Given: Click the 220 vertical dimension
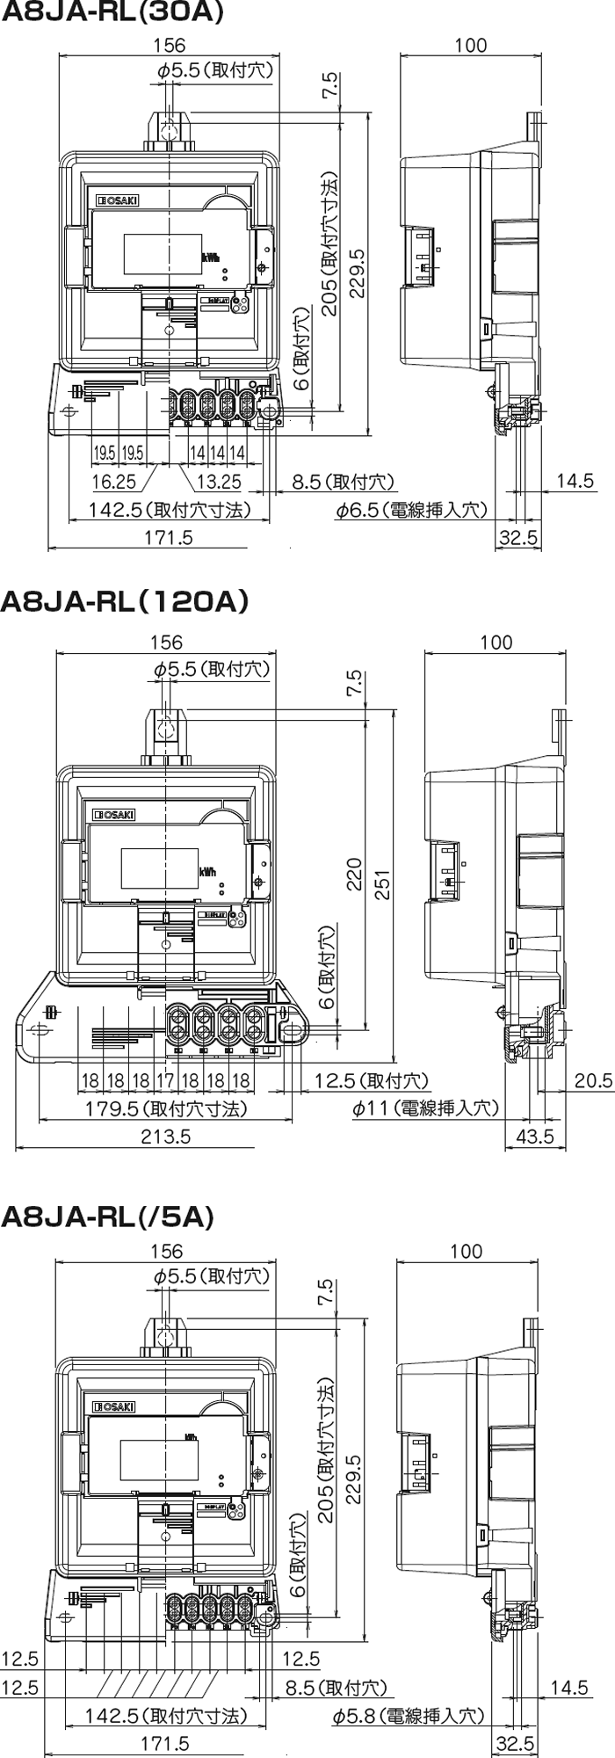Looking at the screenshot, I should (x=354, y=873).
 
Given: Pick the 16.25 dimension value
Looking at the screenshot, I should (x=114, y=482).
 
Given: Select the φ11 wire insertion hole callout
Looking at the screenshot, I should (x=425, y=1108).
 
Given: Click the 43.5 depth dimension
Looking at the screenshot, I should (x=535, y=1136).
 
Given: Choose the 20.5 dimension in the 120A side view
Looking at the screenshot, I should (x=594, y=1080).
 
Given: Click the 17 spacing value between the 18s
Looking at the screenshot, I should (x=164, y=1080).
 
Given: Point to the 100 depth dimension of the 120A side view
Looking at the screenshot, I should (x=496, y=643).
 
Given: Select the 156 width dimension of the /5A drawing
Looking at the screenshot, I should (x=166, y=1250).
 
